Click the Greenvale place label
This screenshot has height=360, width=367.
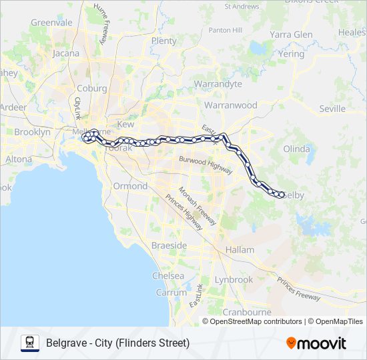51,22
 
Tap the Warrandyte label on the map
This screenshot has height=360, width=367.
218,84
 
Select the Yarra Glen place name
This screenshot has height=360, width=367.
292,35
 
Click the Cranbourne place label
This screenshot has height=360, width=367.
246,312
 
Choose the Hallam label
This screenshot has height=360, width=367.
240,249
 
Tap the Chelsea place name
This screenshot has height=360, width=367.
168,275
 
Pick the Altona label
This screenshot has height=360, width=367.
19,159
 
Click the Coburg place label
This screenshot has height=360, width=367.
91,88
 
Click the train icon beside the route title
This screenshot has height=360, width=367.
30,343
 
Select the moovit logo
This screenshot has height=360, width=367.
316,343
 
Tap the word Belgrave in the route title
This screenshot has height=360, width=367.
66,343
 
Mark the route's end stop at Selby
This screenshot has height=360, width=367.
282,195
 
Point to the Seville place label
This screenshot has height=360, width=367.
332,109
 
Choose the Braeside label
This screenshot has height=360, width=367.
169,245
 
